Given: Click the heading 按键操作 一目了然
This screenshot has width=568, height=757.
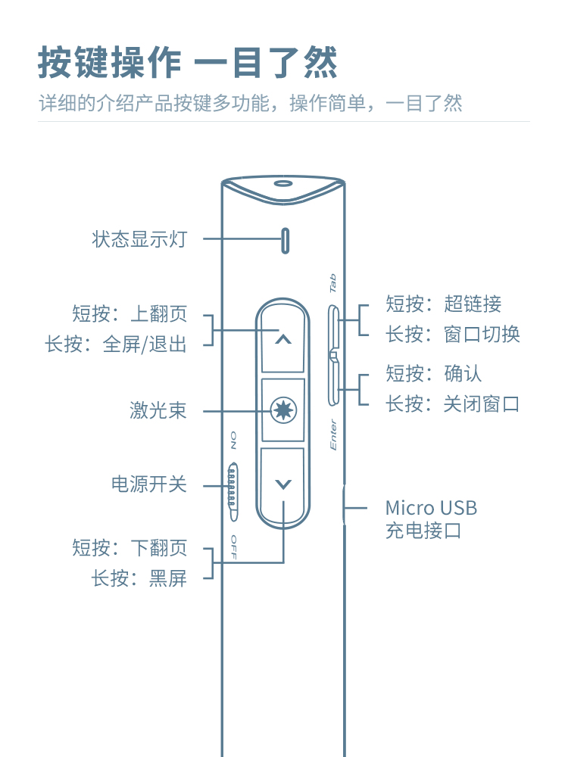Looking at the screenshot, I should coord(187,64).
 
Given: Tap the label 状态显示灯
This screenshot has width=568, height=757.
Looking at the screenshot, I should coord(139,240).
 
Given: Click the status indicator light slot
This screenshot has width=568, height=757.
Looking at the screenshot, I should coord(286,240).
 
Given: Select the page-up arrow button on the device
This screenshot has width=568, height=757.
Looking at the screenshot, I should coord(282,340).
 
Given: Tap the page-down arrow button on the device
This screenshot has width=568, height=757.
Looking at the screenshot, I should coord(282,484).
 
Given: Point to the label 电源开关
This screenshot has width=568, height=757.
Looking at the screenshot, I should coord(148,484).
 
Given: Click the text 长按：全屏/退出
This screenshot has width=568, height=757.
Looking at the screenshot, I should coord(116,344).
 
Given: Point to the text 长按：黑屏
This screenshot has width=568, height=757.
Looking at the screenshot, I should coord(139,579).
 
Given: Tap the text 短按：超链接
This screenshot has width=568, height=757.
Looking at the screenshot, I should coord(443,304).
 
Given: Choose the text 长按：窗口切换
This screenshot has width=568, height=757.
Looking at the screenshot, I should coord(453,334).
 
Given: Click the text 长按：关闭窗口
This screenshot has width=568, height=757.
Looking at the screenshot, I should coord(453,403).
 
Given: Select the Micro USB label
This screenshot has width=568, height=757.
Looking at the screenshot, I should coord(431,508).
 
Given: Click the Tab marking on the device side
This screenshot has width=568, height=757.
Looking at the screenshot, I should coord(332,283).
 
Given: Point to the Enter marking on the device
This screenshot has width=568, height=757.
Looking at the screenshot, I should coord(332,435).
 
